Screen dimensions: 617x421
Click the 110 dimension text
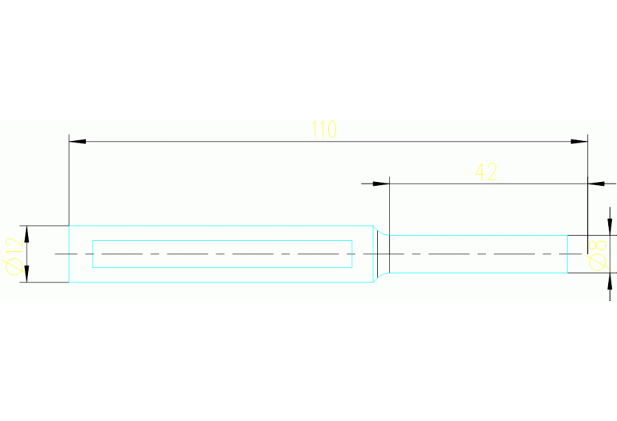324,129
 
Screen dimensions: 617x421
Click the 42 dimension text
487,171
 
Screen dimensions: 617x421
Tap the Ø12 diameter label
14,256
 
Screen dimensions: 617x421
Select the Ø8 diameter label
597,255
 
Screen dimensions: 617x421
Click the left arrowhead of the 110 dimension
77,142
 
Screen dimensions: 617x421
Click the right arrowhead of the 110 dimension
579,142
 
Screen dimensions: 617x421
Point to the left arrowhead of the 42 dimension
381,184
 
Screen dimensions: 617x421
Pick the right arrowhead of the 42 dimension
596,184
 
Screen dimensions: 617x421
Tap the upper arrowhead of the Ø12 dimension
27,234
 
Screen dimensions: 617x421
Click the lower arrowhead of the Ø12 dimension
27,274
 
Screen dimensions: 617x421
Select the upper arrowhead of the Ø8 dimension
610,227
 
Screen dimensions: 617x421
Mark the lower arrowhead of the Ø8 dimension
610,281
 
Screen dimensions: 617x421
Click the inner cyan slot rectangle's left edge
93,254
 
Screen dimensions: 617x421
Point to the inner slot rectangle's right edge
352,254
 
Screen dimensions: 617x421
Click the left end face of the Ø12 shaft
69,254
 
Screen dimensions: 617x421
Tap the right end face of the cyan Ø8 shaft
567,254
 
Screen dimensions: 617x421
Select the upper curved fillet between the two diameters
380,231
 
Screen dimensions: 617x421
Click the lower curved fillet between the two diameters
380,277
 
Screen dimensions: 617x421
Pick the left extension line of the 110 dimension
69,180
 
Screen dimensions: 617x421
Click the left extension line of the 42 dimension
389,206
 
